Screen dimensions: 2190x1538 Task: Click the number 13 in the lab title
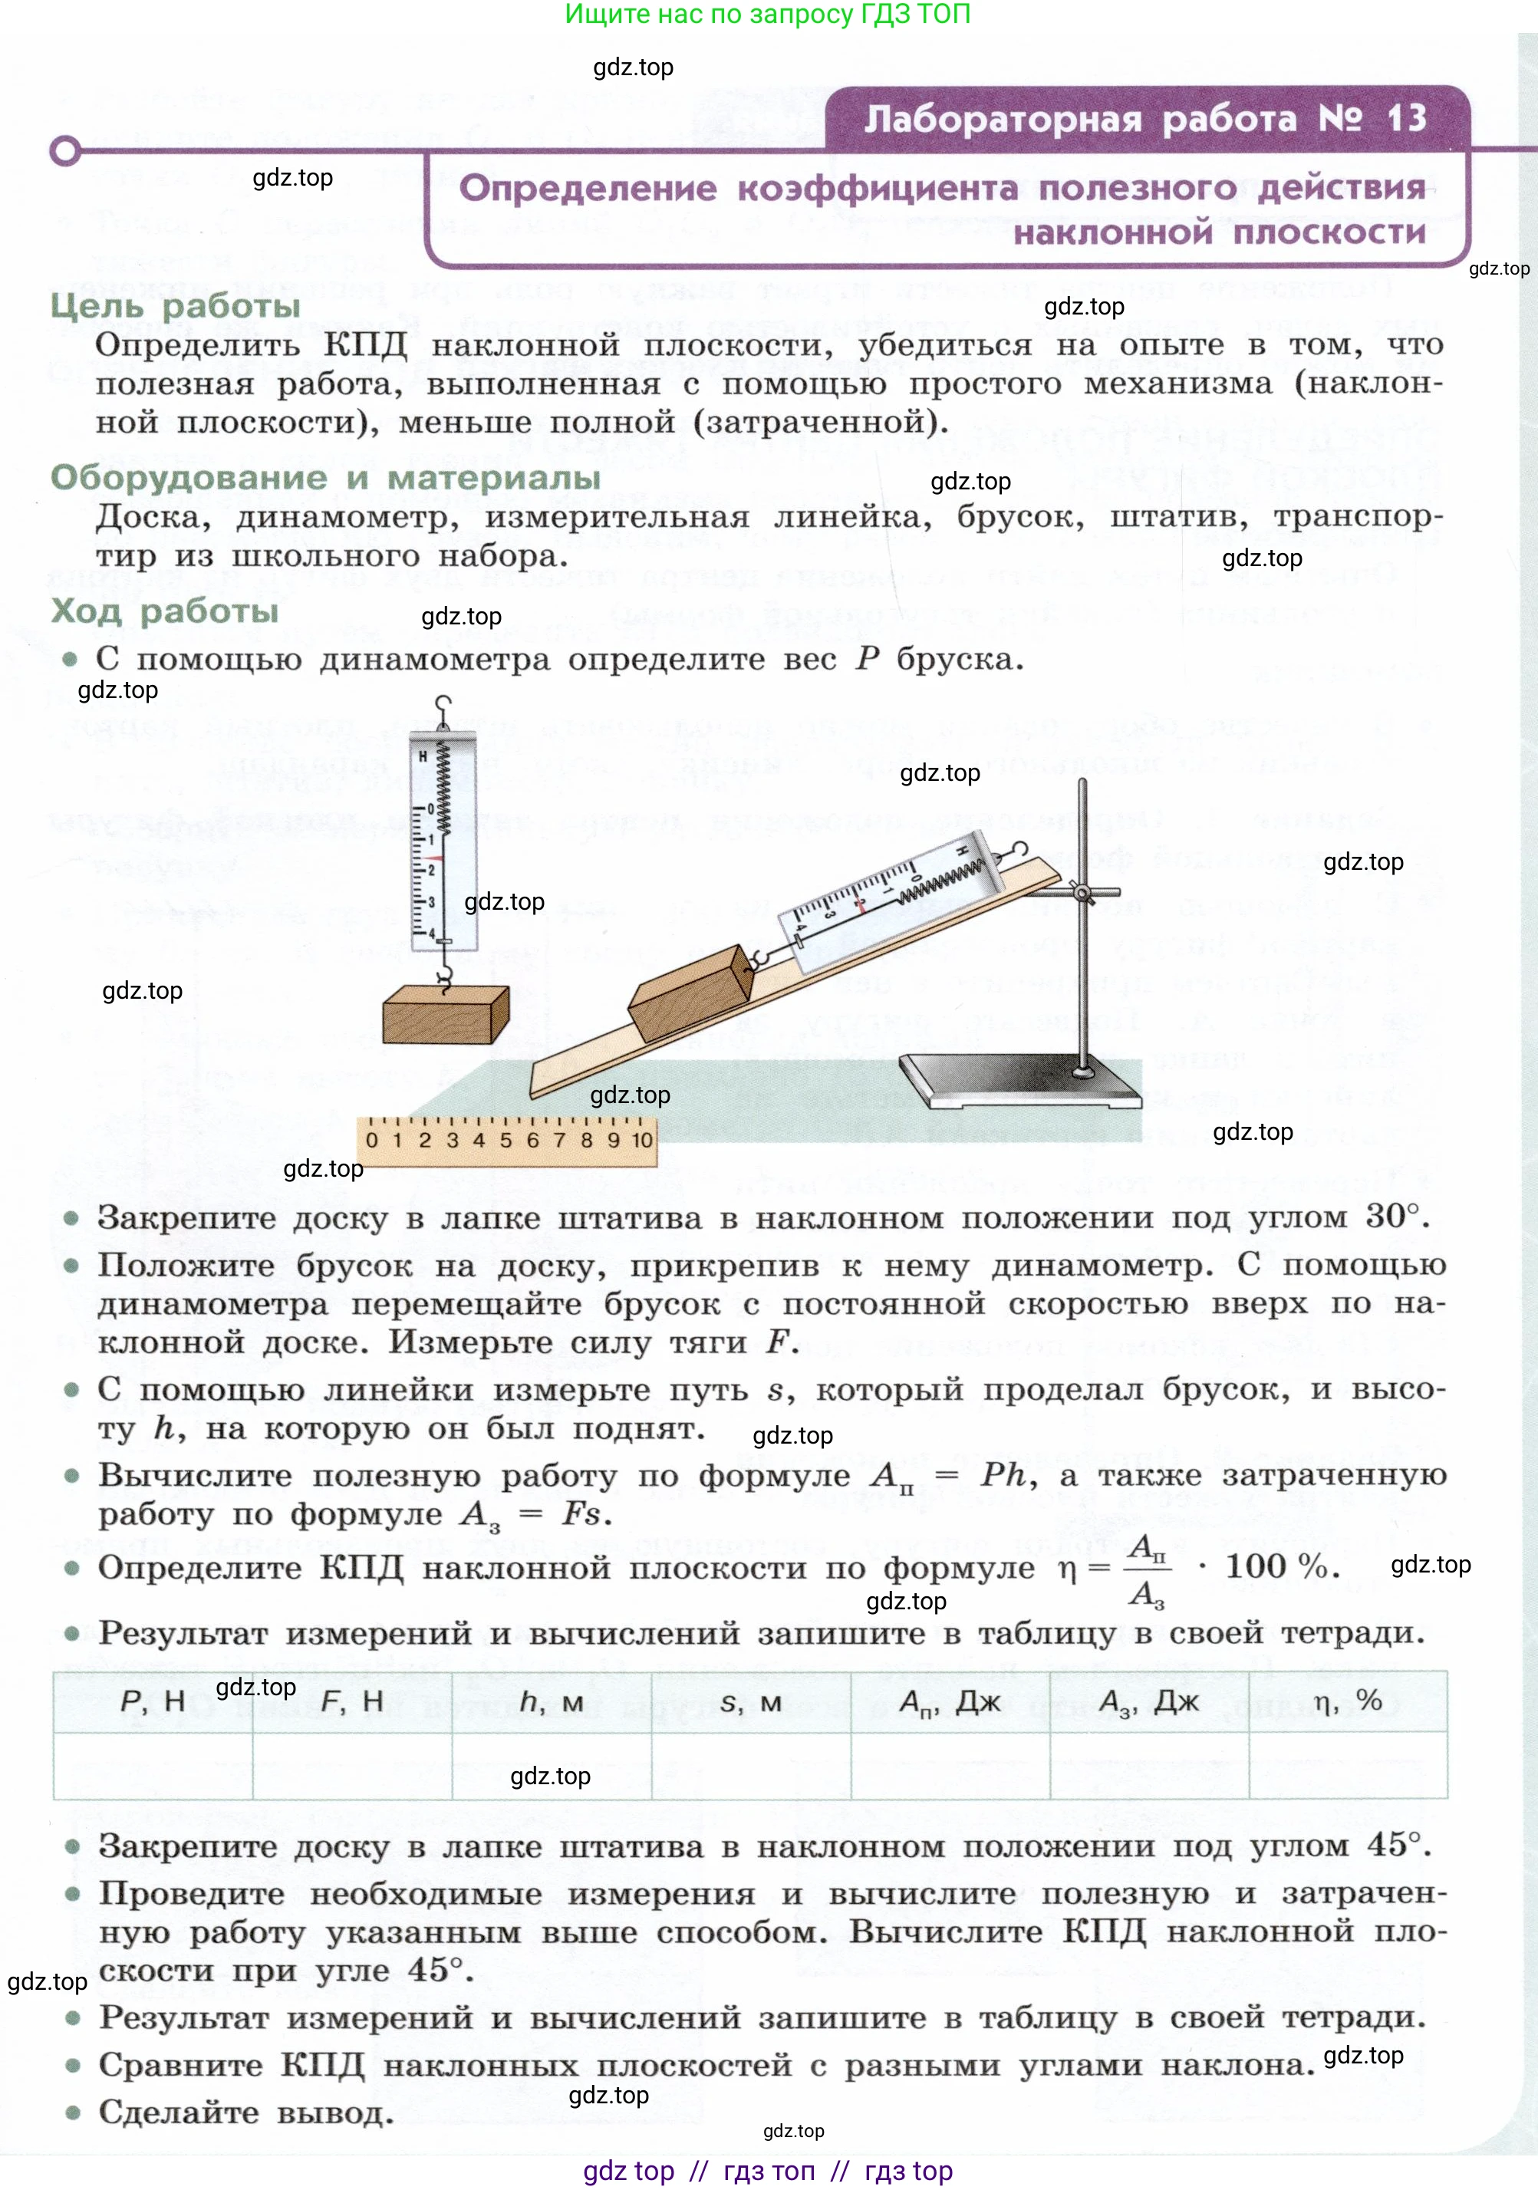coord(1406,119)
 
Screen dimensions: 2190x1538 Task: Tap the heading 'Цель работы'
coord(176,306)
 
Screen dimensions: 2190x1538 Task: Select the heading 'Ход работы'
coord(164,611)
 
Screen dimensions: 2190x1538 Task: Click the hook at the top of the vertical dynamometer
coord(442,705)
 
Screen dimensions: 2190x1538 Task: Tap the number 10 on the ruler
coord(642,1140)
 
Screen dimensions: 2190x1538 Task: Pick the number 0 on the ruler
coord(371,1140)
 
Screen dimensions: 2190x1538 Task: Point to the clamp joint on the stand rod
coord(1082,893)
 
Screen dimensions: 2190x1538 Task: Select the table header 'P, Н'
coord(153,1701)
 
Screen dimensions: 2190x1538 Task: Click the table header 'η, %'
coord(1347,1701)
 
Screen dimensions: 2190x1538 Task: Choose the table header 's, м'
coord(751,1701)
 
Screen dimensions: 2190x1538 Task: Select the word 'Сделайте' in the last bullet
coord(179,2112)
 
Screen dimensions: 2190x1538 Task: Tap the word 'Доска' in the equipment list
coord(153,517)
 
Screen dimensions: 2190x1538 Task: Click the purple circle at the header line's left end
coord(65,150)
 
